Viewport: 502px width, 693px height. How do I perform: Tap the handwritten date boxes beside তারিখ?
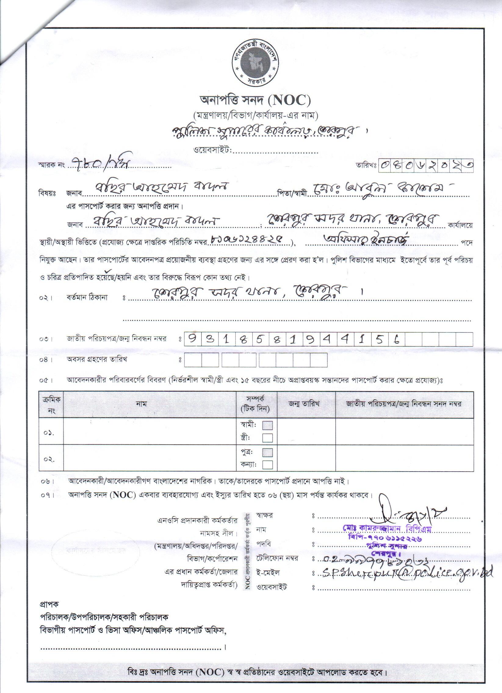[x=426, y=166]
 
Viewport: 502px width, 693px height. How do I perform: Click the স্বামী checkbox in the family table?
[x=268, y=425]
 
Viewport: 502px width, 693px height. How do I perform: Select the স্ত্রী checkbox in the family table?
[x=268, y=438]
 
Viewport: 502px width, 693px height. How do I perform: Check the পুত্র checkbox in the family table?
[x=268, y=452]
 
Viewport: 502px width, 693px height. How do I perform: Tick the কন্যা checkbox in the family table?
[x=268, y=465]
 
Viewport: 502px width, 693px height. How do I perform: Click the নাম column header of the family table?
[x=141, y=404]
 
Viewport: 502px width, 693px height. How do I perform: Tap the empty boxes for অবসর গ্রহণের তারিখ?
[x=256, y=360]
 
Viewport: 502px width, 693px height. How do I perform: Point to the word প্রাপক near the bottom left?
[x=49, y=604]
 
